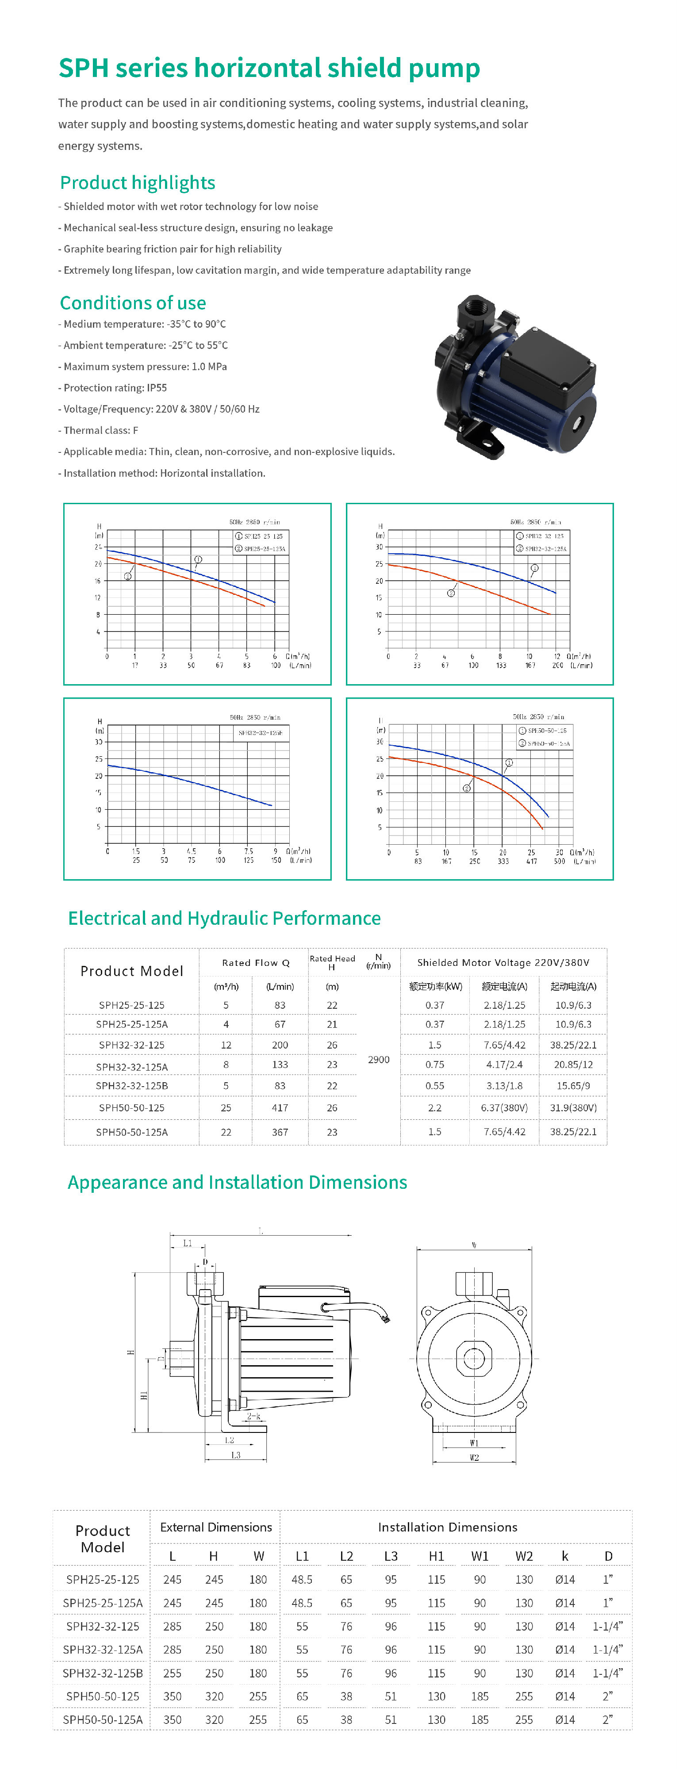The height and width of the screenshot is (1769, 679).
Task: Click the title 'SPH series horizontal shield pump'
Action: pyautogui.click(x=269, y=68)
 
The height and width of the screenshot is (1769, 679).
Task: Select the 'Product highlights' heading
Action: pyautogui.click(x=137, y=183)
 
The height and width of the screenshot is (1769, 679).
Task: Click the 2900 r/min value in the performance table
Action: pyautogui.click(x=378, y=1060)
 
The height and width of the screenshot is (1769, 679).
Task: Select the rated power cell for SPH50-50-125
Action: pyautogui.click(x=434, y=1108)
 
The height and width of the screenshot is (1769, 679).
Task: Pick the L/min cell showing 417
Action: pyautogui.click(x=280, y=1108)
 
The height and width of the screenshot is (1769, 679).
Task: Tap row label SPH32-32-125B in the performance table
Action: pyautogui.click(x=132, y=1086)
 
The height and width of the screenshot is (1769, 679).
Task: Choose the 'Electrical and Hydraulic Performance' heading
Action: pyautogui.click(x=224, y=918)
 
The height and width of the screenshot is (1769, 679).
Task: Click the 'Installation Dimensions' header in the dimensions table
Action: pyautogui.click(x=448, y=1527)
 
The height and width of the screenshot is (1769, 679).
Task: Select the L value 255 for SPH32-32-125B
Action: pyautogui.click(x=173, y=1673)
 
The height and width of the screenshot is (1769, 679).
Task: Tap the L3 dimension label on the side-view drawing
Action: pyautogui.click(x=235, y=1455)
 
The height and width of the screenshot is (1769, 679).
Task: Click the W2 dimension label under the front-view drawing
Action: pyautogui.click(x=474, y=1457)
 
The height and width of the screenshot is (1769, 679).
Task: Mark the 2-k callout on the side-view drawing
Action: pyautogui.click(x=253, y=1416)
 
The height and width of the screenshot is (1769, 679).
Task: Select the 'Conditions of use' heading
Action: pyautogui.click(x=133, y=303)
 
